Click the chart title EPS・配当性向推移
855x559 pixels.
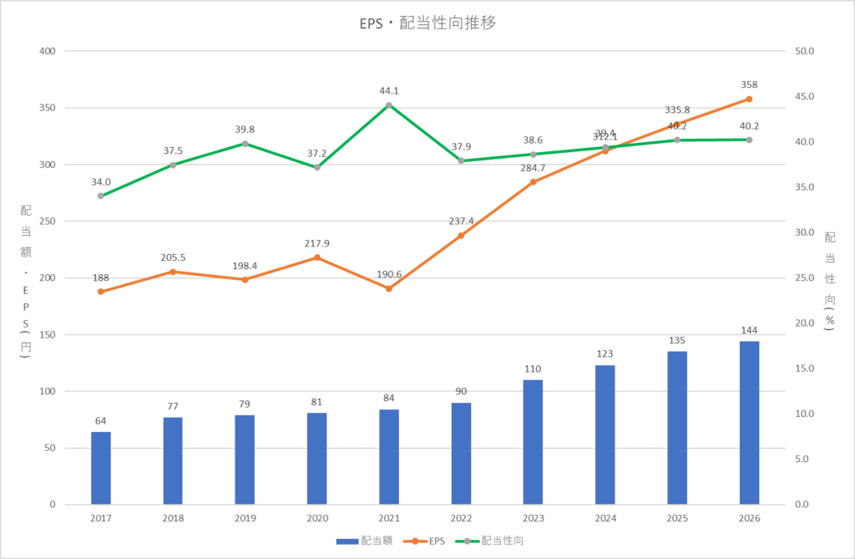pyautogui.click(x=427, y=23)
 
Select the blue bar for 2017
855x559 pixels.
pyautogui.click(x=100, y=468)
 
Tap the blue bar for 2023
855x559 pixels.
pyautogui.click(x=533, y=442)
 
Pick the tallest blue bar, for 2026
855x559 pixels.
pyautogui.click(x=749, y=423)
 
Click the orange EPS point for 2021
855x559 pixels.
pyautogui.click(x=389, y=288)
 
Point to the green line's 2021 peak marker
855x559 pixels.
pyautogui.click(x=389, y=105)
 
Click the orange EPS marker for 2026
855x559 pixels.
pyautogui.click(x=749, y=99)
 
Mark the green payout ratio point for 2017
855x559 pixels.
pyautogui.click(x=100, y=196)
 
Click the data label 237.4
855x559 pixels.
pyautogui.click(x=461, y=221)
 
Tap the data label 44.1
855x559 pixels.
pyautogui.click(x=389, y=90)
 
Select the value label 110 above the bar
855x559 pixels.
pyautogui.click(x=533, y=368)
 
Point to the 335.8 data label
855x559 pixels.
pyautogui.click(x=676, y=109)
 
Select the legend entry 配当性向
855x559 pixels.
pyautogui.click(x=493, y=541)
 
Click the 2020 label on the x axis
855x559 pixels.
pyautogui.click(x=316, y=518)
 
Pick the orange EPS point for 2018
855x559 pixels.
pyautogui.click(x=173, y=272)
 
